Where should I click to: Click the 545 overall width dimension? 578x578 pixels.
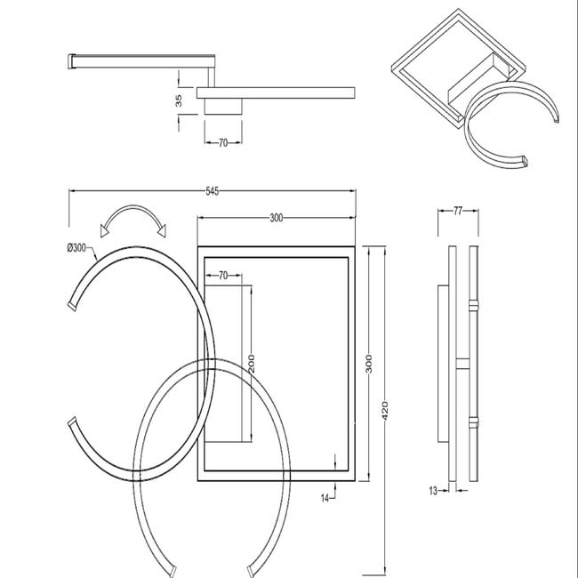212,191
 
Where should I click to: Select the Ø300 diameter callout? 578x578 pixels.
76,248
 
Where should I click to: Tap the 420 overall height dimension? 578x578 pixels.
385,411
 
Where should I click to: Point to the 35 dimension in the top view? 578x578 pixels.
179,100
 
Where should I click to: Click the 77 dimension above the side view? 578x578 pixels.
457,211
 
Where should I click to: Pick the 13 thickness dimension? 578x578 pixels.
433,491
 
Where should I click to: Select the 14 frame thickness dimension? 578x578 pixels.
325,498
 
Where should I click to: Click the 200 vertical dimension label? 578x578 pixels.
252,364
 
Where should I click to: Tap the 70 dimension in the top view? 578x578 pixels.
223,142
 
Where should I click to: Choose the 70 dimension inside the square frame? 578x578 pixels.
223,276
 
